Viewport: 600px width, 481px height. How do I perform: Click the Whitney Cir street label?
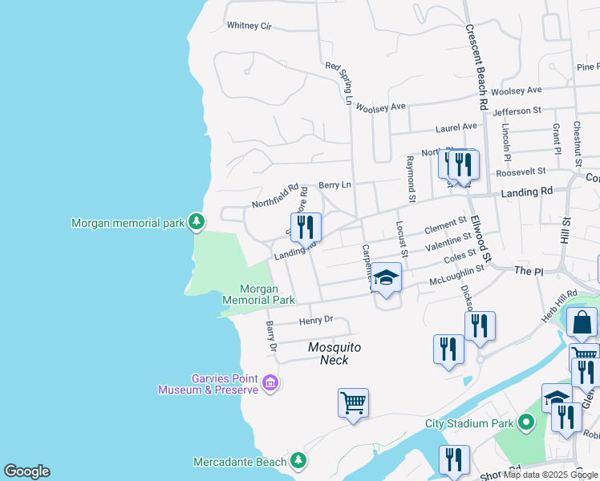click(x=249, y=26)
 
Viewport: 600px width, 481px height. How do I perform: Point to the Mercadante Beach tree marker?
click(x=298, y=461)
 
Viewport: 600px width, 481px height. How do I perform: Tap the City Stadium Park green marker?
click(x=526, y=422)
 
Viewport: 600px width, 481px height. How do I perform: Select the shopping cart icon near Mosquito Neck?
click(x=353, y=402)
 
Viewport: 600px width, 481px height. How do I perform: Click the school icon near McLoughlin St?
click(x=387, y=278)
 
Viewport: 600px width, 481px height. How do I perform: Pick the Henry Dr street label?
click(x=315, y=321)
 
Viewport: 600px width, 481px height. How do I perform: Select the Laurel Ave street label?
click(x=456, y=127)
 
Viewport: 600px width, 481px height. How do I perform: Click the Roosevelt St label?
click(x=521, y=171)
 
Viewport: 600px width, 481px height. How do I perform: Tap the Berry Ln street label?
click(x=334, y=185)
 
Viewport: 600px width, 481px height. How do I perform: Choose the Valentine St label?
click(x=448, y=241)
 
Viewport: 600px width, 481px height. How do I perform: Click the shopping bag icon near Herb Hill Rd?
click(x=582, y=323)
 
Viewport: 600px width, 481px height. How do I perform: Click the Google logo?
click(x=26, y=471)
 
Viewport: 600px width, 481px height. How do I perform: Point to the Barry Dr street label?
click(x=271, y=337)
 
